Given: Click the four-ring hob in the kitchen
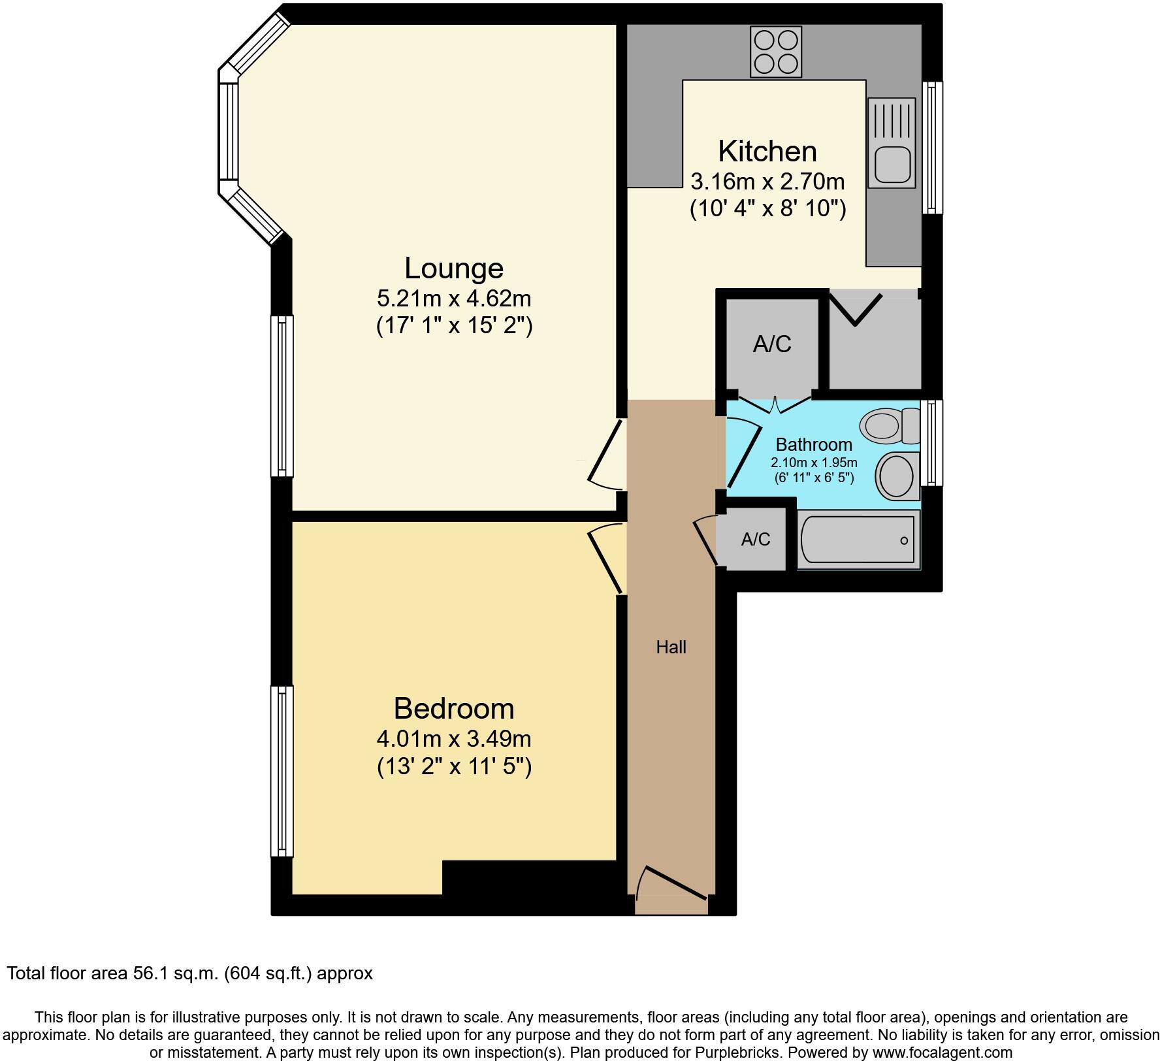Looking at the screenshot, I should [776, 52].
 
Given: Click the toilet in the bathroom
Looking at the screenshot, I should [889, 425].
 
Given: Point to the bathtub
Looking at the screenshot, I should [858, 540].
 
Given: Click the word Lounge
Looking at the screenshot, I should [454, 269].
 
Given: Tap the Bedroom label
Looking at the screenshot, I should [454, 709].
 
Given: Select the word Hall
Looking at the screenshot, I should [671, 647].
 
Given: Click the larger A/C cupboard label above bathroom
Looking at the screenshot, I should [772, 344].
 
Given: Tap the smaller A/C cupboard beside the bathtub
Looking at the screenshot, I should [756, 540].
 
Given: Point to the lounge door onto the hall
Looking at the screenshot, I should [605, 455].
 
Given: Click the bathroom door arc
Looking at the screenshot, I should [743, 455].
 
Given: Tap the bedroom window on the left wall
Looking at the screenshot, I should [282, 770].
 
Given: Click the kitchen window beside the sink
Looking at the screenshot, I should [932, 147].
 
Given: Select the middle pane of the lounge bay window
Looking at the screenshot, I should [229, 131].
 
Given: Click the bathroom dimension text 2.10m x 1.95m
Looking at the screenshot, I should [814, 463].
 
